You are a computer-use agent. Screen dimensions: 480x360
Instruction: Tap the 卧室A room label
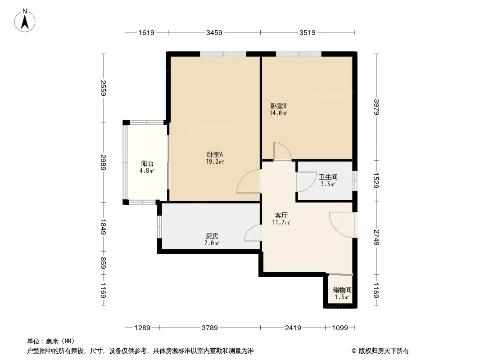coord(215,154)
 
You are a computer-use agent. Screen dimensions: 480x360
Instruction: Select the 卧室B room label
coord(278,106)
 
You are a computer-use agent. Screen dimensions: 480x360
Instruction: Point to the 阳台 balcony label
coord(147,164)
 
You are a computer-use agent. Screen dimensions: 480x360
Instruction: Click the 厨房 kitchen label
coord(212,236)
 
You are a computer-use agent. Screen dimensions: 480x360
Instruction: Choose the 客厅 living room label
coord(281,216)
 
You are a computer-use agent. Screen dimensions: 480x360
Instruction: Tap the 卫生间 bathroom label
coord(328,177)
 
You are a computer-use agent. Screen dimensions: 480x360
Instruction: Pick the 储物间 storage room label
coord(342,290)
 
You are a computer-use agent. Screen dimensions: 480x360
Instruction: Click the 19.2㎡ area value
coord(215,162)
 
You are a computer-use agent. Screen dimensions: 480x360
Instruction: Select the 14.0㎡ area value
coord(278,113)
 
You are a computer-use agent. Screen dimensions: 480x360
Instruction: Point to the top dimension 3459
coord(214,32)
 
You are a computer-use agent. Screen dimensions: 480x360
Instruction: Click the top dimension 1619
coord(146,32)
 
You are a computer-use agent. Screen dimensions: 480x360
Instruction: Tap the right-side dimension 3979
coord(376,107)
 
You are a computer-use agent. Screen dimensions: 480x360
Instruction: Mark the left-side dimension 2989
coord(104,162)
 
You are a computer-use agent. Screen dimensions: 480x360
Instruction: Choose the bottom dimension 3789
coord(210,328)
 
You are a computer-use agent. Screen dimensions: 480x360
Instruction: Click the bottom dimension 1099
coord(340,328)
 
